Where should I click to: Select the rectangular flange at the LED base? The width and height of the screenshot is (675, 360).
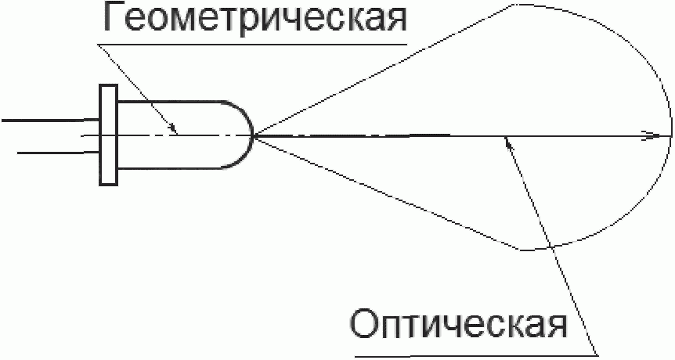click(x=108, y=135)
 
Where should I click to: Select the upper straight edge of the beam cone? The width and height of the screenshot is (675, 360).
click(x=384, y=71)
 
